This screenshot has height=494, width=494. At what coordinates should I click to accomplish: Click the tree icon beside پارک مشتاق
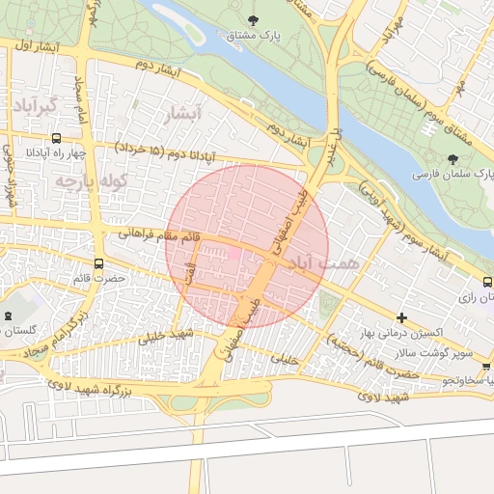click(253, 19)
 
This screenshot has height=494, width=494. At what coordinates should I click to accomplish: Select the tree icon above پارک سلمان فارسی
click(454, 158)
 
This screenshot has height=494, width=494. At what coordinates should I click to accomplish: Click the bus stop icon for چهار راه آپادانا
click(56, 138)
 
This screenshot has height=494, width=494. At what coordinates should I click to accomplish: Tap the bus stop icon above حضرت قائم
click(98, 263)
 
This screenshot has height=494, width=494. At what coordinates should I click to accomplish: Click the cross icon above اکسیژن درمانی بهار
click(401, 317)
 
